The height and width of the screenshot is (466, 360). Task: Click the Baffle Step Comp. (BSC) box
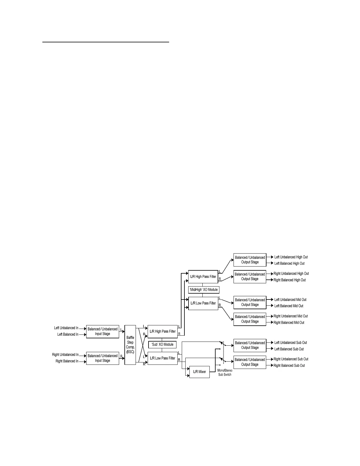[x=130, y=345]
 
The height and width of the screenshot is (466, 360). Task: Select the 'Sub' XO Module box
[x=162, y=344]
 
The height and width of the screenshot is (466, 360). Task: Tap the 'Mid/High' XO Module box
[x=204, y=290]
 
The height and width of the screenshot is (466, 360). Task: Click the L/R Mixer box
[x=199, y=372]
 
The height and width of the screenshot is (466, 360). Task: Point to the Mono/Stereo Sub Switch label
[x=225, y=372]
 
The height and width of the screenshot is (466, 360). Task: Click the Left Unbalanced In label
[x=66, y=328]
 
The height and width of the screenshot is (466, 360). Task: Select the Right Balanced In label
[x=67, y=361]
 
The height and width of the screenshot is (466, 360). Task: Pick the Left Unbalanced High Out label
[x=291, y=257]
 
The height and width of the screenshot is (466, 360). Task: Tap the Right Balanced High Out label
[x=289, y=280]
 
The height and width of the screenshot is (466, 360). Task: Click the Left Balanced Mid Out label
[x=289, y=306]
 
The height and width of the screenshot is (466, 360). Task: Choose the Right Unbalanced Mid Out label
[x=291, y=316]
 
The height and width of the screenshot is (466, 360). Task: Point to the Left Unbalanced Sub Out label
[x=291, y=343]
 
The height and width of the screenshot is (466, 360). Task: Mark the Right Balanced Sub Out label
[x=289, y=366]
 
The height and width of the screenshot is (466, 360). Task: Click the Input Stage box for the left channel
[x=103, y=332]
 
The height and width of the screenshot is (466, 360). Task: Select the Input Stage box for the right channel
[x=103, y=358]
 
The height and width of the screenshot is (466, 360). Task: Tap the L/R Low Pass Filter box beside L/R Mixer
[x=163, y=358]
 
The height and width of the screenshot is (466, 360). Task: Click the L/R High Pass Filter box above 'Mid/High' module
[x=203, y=277]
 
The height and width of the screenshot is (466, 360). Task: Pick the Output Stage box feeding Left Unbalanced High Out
[x=250, y=260]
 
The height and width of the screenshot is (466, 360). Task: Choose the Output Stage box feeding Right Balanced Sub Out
[x=250, y=362]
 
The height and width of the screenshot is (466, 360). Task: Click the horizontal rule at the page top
[x=106, y=42]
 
